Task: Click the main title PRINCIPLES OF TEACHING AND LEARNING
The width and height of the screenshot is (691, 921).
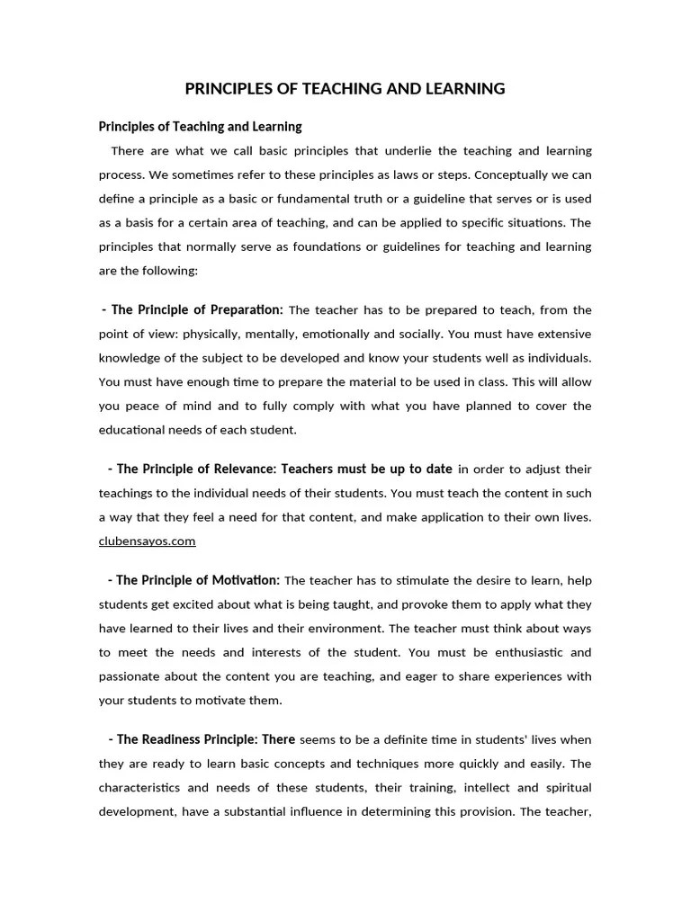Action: (345, 88)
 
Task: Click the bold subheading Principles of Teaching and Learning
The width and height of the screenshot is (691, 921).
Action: (200, 127)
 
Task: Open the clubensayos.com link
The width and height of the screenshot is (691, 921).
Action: (147, 541)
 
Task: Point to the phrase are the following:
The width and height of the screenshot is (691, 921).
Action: (148, 270)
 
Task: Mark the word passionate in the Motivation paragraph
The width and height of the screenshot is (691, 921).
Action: (130, 675)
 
